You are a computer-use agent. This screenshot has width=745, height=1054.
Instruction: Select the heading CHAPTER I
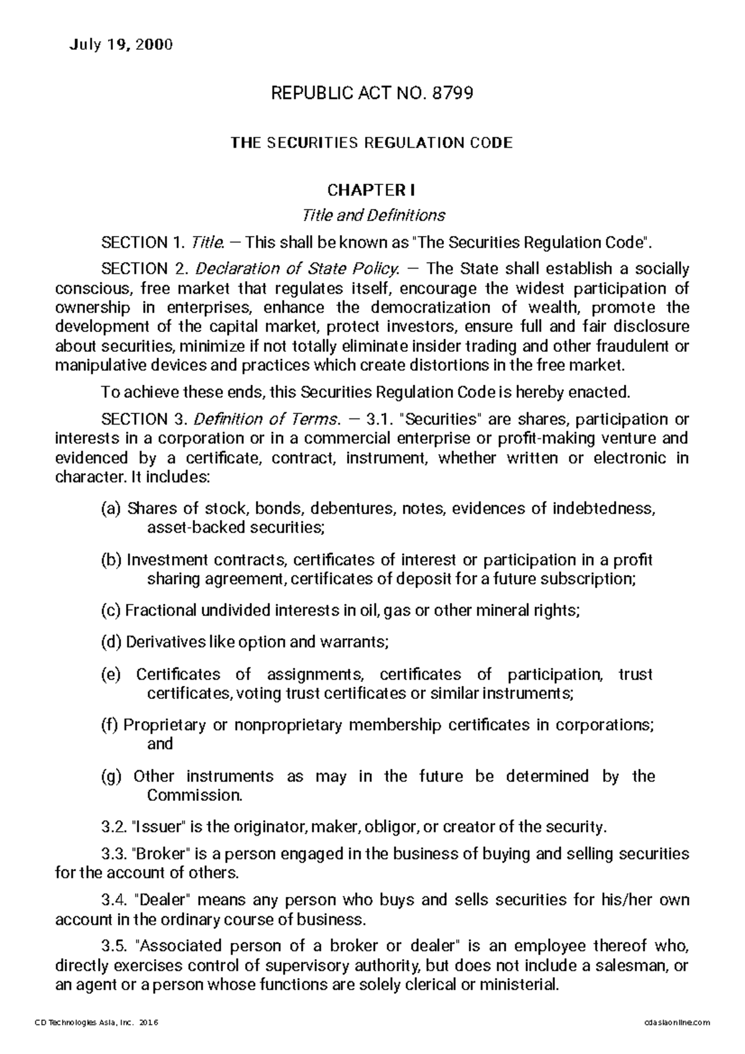(372, 189)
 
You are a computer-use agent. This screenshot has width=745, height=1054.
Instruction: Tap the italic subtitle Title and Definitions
(372, 215)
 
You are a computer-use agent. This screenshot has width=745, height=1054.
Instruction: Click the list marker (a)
(111, 509)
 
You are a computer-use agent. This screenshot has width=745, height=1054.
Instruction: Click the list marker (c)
(111, 611)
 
